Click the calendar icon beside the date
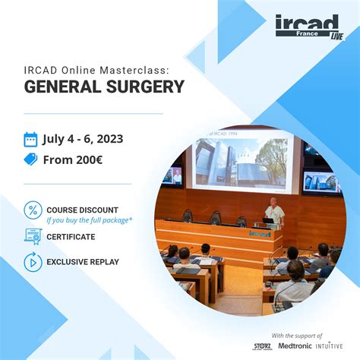click(x=30, y=139)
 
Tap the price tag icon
click(x=30, y=159)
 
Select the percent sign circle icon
click(x=33, y=210)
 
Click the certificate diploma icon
click(x=33, y=236)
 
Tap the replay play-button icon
click(x=33, y=262)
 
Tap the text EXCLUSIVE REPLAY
click(x=83, y=262)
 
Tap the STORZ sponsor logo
click(x=264, y=346)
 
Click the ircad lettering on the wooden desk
click(x=259, y=234)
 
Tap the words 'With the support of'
click(x=297, y=334)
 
